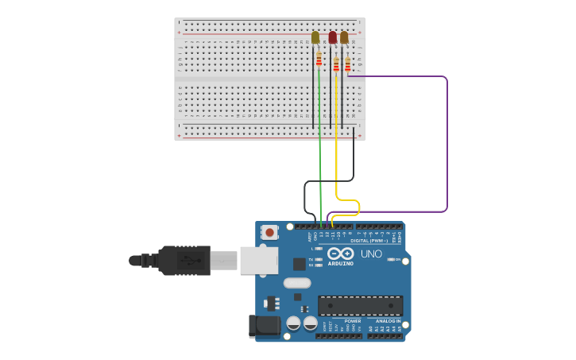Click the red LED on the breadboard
pos(333,37)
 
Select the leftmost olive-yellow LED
pos(315,37)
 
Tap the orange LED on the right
pos(344,37)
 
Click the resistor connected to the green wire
pos(319,59)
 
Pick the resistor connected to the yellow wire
pos(336,64)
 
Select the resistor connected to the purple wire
pos(347,64)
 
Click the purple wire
pos(446,143)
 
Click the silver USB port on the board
pos(258,260)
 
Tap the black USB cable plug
pos(184,260)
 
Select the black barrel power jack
pos(264,325)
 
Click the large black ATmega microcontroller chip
pos(360,305)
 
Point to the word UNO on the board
pos(371,254)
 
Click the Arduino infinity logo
pos(340,254)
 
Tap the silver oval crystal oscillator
pos(296,283)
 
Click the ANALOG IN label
pos(388,321)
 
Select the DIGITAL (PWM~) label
pos(369,240)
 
